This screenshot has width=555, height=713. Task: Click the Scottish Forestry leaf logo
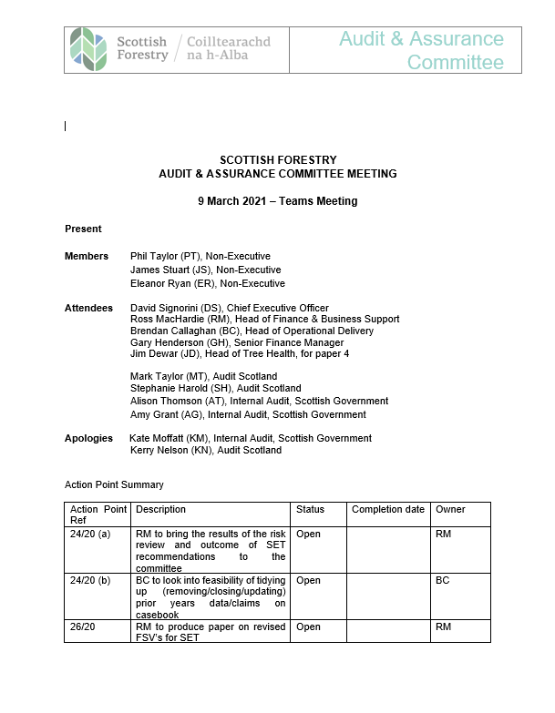point(88,49)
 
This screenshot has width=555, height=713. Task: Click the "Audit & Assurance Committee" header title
point(422,50)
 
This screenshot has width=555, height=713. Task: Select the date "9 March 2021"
point(236,201)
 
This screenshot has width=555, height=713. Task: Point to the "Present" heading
point(83,229)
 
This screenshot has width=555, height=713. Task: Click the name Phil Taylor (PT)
point(167,257)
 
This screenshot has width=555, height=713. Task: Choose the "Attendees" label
point(88,309)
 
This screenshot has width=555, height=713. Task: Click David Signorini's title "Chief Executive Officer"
point(282,309)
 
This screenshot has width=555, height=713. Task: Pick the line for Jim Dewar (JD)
point(240,354)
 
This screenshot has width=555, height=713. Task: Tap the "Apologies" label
point(88,438)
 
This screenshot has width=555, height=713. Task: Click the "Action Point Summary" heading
point(114,484)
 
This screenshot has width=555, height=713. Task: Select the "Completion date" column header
point(387,509)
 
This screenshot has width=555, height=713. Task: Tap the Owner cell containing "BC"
point(443,580)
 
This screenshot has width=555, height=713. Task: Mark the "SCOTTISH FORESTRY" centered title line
point(277,160)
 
